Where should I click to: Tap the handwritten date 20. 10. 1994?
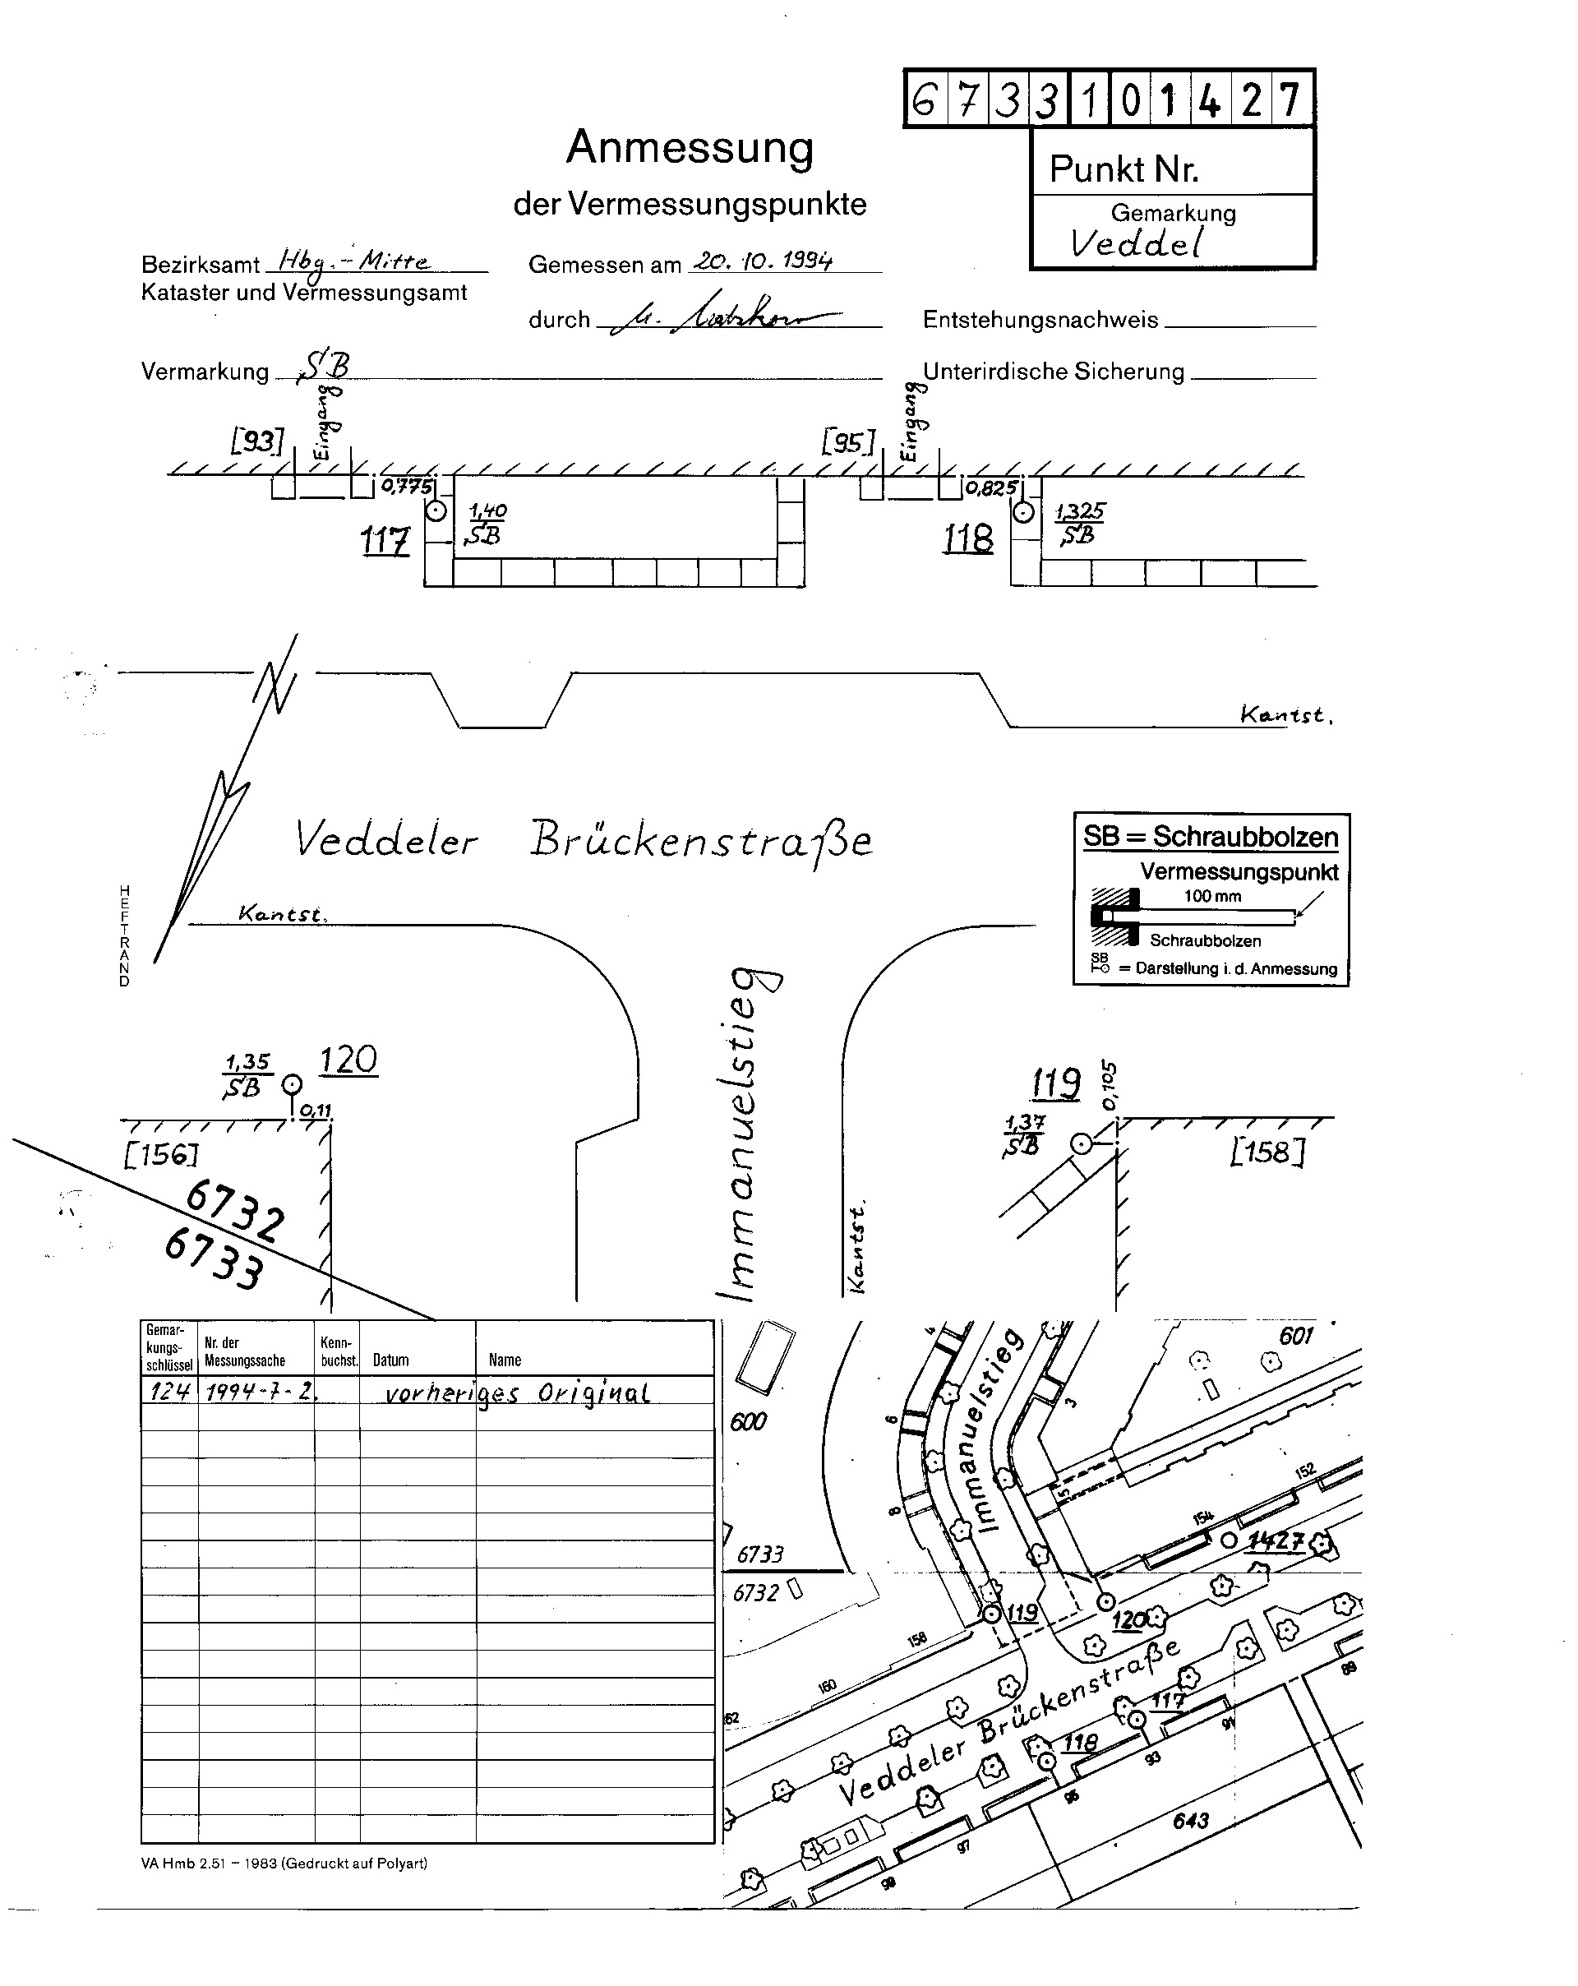pyautogui.click(x=763, y=261)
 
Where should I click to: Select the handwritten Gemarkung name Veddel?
pyautogui.click(x=1136, y=243)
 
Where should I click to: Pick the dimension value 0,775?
pyautogui.click(x=405, y=487)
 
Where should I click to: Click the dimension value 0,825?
pyautogui.click(x=990, y=488)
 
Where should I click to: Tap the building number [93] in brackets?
pyautogui.click(x=257, y=441)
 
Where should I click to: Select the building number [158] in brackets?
pyautogui.click(x=1267, y=1152)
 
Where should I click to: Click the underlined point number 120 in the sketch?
pyautogui.click(x=348, y=1060)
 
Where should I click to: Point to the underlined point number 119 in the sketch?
pyautogui.click(x=1055, y=1083)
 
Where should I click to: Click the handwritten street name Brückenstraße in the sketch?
pyautogui.click(x=700, y=838)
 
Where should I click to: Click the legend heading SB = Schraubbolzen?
pyautogui.click(x=1210, y=836)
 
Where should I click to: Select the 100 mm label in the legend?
pyautogui.click(x=1212, y=896)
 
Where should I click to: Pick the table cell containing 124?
pyautogui.click(x=168, y=1391)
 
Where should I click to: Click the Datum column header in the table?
pyautogui.click(x=390, y=1360)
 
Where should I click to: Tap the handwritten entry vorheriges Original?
pyautogui.click(x=516, y=1393)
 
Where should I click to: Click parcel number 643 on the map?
pyautogui.click(x=1190, y=1820)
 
